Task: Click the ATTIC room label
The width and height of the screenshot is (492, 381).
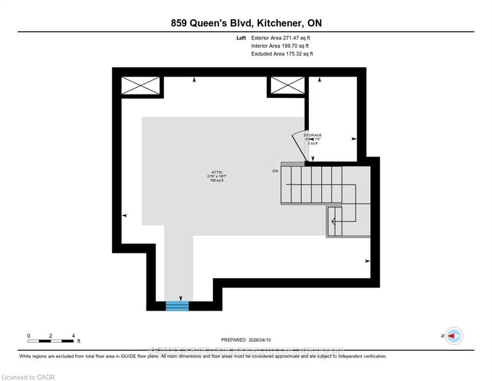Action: [x=216, y=172]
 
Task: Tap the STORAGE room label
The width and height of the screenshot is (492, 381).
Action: [x=313, y=135]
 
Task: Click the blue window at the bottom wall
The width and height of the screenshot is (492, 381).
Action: [x=177, y=306]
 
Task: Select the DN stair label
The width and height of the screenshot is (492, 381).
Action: [x=275, y=171]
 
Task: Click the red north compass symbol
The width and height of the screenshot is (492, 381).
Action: [x=453, y=336]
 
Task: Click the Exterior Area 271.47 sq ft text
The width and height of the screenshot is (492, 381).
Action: [x=281, y=38]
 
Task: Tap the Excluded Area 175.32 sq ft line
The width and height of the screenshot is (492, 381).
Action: [x=282, y=54]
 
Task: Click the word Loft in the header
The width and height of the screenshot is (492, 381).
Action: [x=241, y=38]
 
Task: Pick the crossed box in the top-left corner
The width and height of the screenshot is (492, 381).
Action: [x=141, y=85]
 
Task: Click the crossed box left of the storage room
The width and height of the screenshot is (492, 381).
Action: [x=287, y=85]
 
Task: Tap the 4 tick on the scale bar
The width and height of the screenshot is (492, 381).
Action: [x=73, y=336]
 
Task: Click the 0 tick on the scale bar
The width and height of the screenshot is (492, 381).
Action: [x=29, y=336]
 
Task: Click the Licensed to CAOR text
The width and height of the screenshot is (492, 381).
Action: [x=28, y=377]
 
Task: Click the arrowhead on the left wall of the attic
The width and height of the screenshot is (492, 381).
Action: [x=124, y=215]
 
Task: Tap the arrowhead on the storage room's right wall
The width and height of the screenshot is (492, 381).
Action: [x=354, y=139]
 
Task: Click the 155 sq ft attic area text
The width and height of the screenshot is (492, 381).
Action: [x=216, y=180]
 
